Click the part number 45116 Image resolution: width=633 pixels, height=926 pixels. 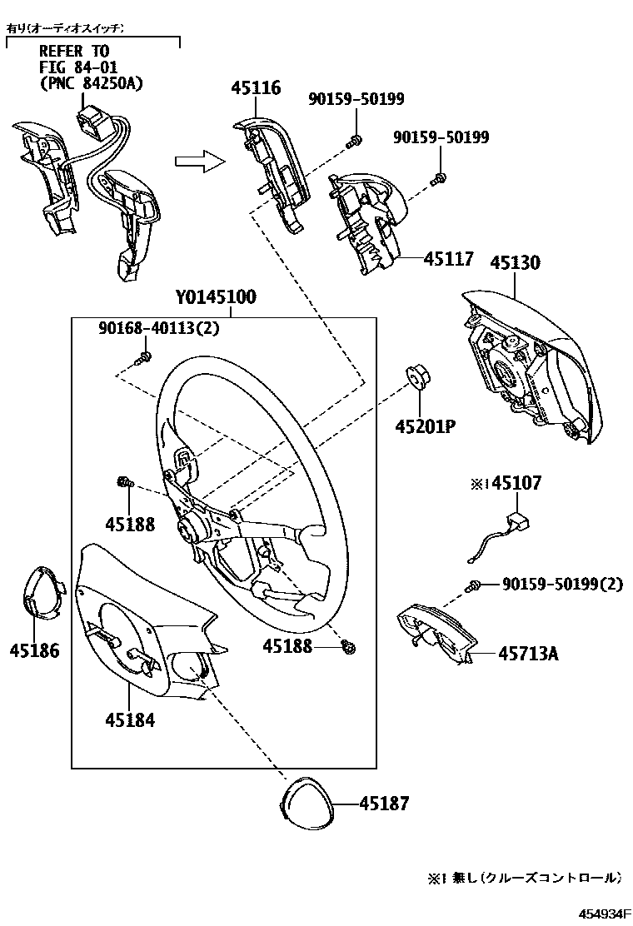point(257,87)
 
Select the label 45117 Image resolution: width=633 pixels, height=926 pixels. point(448,259)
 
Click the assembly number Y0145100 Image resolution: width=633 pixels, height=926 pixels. point(215,297)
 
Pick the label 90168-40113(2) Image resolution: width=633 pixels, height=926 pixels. point(158,329)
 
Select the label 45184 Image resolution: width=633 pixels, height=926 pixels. point(130,719)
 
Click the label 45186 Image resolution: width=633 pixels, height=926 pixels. point(35,651)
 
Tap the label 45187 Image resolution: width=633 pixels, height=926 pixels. point(384,804)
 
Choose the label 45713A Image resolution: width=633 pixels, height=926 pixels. point(528,654)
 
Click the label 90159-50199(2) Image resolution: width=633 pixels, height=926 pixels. point(562,585)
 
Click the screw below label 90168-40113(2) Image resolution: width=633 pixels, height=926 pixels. point(143,357)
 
